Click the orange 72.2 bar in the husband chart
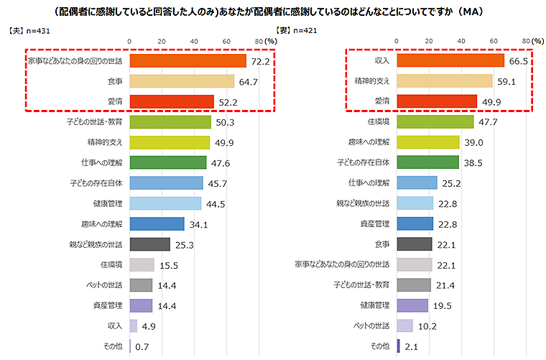click(x=188, y=62)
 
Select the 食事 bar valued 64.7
click(x=182, y=82)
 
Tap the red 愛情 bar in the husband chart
click(x=172, y=102)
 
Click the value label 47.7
click(x=489, y=123)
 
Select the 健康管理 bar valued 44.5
click(x=165, y=204)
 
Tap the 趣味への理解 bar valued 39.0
click(x=428, y=142)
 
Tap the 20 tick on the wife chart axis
click(x=429, y=42)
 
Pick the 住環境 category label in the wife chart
click(x=378, y=123)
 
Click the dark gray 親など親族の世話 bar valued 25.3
click(x=150, y=244)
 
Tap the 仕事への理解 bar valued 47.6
click(x=168, y=163)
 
